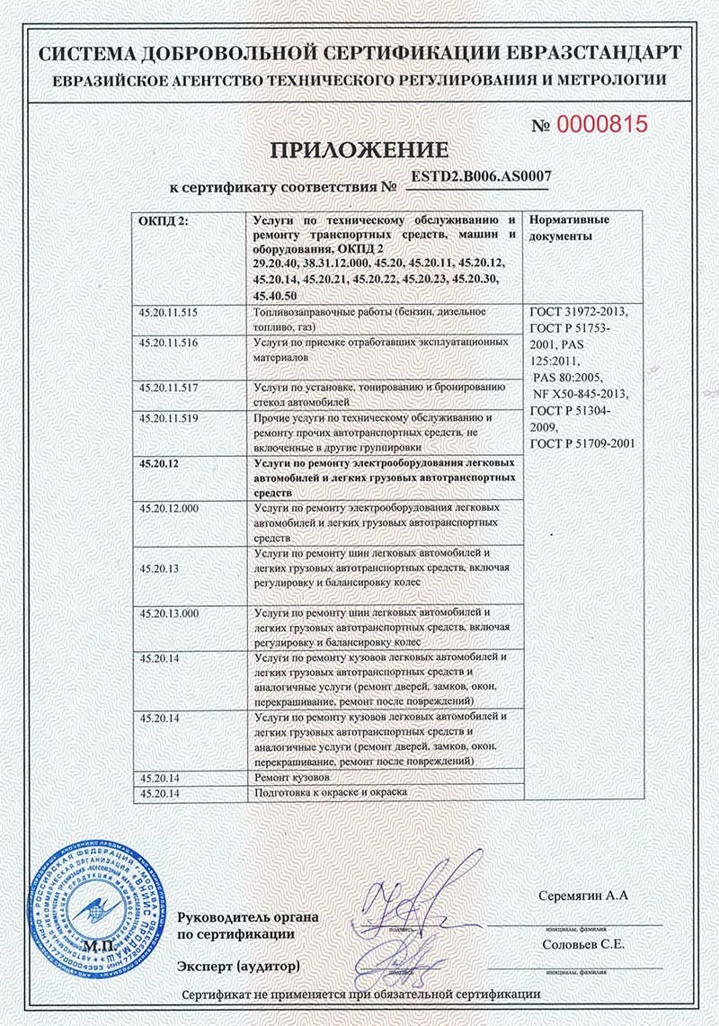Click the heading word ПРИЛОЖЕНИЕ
359,149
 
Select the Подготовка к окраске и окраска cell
332,792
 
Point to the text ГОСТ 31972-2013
581,313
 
